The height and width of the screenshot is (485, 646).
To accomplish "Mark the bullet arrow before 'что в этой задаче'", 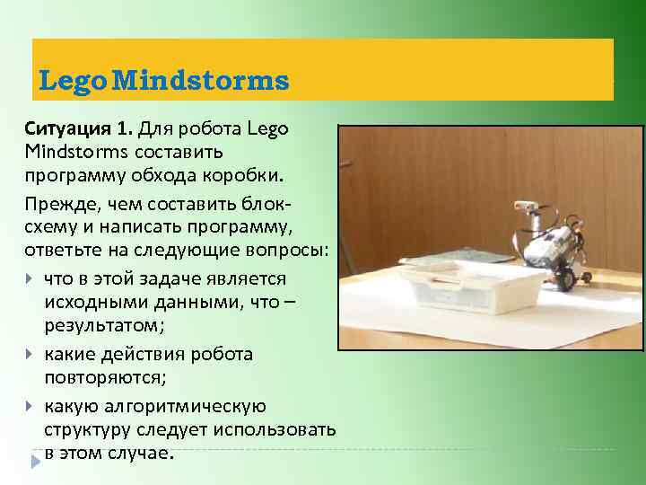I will coord(31,279).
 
